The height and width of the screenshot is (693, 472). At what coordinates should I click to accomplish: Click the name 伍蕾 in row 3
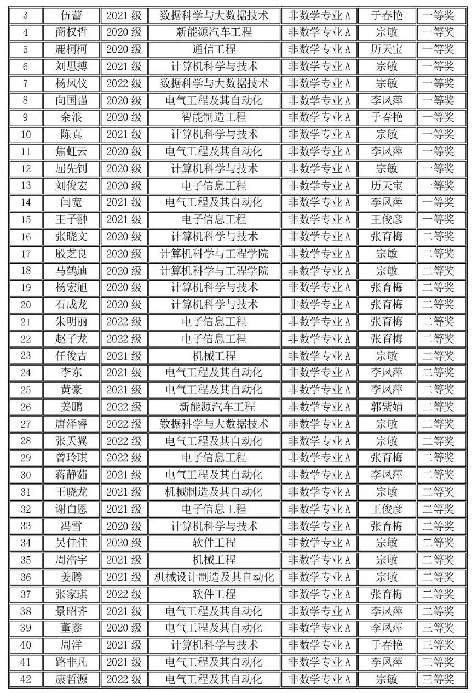click(72, 15)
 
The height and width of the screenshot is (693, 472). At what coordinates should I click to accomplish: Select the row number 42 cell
click(26, 679)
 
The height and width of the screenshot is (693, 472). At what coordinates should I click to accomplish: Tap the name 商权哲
click(72, 32)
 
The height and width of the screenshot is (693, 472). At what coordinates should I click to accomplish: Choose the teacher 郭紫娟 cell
click(387, 407)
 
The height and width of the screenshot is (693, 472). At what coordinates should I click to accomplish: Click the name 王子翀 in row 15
click(72, 219)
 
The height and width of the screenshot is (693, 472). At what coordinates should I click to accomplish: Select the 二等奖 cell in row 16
click(438, 236)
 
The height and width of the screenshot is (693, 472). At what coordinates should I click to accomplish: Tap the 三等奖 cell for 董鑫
click(438, 628)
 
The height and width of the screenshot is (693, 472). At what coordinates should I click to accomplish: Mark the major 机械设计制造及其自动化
click(214, 577)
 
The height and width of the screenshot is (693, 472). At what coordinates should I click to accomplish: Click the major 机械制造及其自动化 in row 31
click(214, 492)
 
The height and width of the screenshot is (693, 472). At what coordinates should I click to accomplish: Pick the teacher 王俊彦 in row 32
click(387, 509)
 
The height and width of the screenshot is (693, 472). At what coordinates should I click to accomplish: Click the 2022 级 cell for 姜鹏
click(124, 407)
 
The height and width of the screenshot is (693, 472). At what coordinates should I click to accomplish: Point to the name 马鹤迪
click(72, 271)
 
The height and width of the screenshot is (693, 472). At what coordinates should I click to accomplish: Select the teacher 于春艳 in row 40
click(387, 645)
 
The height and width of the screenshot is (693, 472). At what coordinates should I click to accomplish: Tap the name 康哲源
click(72, 679)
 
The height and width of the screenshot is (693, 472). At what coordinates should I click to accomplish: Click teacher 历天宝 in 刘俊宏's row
click(387, 185)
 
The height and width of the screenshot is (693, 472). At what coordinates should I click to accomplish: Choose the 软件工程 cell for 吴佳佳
click(214, 543)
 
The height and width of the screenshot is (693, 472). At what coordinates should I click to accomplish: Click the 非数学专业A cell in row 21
click(319, 322)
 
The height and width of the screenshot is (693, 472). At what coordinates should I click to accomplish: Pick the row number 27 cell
click(26, 424)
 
